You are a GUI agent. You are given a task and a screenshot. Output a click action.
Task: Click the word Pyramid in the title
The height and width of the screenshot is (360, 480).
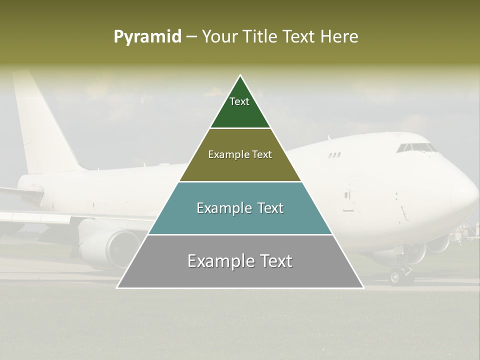coord(147,37)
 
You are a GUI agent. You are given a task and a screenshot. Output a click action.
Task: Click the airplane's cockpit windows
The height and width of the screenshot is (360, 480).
coord(416,147)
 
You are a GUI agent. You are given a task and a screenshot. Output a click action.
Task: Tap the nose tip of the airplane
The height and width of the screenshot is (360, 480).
coord(476,197)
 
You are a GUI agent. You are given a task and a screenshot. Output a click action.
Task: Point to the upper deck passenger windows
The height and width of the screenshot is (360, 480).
coord(334,155)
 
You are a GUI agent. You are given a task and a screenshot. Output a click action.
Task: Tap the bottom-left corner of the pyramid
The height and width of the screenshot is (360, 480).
coord(117,287)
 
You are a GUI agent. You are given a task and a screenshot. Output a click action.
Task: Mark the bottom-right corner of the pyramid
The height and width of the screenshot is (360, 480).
coord(363,287)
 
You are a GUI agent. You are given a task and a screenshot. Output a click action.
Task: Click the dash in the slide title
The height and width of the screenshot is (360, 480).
coord(191,37)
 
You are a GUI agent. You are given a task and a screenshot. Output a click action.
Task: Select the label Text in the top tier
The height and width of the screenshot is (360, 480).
coord(239,101)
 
